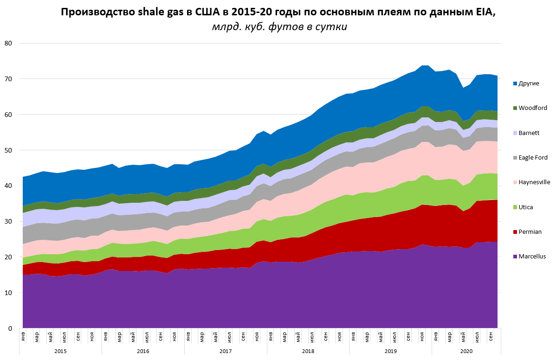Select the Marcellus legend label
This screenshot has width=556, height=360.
[x=532, y=256]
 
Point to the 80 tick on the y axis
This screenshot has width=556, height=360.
[x=8, y=43]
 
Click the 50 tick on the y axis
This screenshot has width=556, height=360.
[x=8, y=150]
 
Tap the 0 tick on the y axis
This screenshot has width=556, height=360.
[x=9, y=328]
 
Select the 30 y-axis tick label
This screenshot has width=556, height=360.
[x=8, y=221]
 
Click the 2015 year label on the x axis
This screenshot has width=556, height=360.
[x=60, y=351]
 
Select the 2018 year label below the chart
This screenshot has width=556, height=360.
[x=308, y=351]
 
